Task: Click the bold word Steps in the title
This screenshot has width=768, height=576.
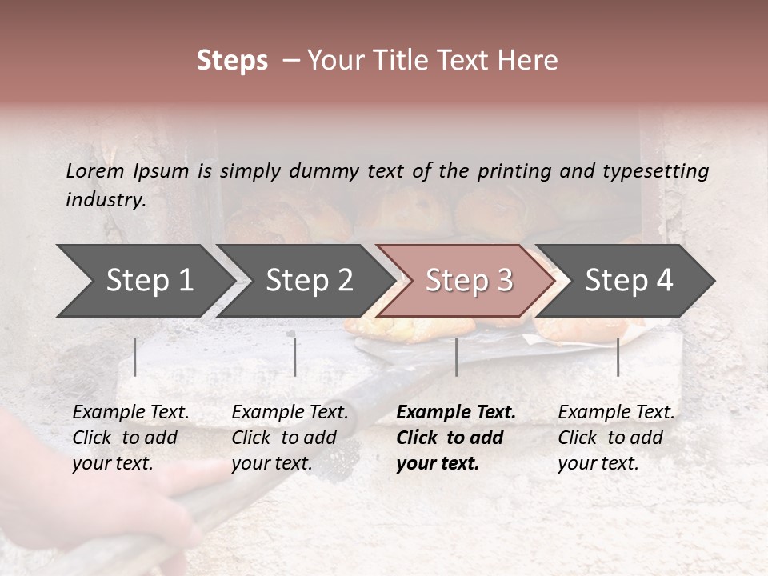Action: point(232,61)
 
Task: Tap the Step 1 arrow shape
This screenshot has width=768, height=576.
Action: point(144,280)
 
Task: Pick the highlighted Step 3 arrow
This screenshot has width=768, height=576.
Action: point(468,280)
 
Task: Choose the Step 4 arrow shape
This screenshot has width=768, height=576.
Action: point(628,280)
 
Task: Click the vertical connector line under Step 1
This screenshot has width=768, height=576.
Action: point(135,357)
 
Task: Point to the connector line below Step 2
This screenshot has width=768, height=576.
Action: point(295,357)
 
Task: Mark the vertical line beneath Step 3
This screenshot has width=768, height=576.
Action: point(456,357)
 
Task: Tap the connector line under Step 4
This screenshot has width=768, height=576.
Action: point(618,357)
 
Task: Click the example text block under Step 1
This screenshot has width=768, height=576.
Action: point(130,438)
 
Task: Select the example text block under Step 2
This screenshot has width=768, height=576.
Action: point(290,438)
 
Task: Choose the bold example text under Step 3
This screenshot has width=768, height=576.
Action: point(456,438)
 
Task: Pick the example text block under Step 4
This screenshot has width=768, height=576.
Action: point(616,438)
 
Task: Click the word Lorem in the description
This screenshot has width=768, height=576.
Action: point(94,171)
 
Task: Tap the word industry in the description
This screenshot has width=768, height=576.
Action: point(105,200)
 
